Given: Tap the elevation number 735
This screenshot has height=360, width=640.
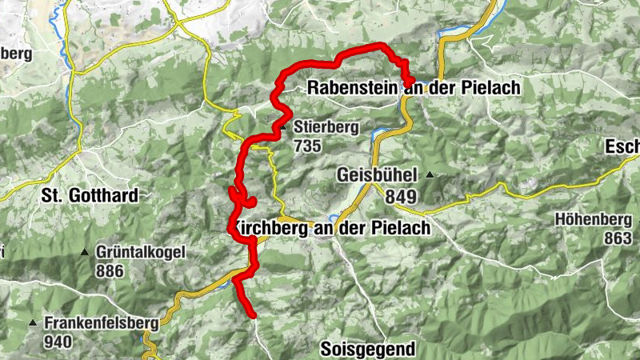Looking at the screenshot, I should (x=307, y=146).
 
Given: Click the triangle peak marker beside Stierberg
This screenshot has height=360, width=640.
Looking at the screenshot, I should (x=282, y=127).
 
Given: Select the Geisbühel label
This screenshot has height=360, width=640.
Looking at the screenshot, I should (x=378, y=175).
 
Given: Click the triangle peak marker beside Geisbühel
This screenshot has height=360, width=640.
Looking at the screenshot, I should (x=430, y=175).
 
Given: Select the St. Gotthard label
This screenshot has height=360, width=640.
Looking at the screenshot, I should (x=89, y=195).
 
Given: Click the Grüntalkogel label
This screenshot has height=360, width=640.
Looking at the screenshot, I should (x=140, y=252).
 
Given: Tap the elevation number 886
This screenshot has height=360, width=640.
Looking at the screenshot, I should (x=110, y=271).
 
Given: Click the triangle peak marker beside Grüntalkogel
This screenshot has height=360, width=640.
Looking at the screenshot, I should (x=85, y=252).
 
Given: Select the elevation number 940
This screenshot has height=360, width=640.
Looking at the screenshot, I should (x=58, y=343).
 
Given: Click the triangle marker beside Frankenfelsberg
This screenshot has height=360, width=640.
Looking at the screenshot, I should (x=33, y=324).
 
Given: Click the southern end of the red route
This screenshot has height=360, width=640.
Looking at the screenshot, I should (x=253, y=317).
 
